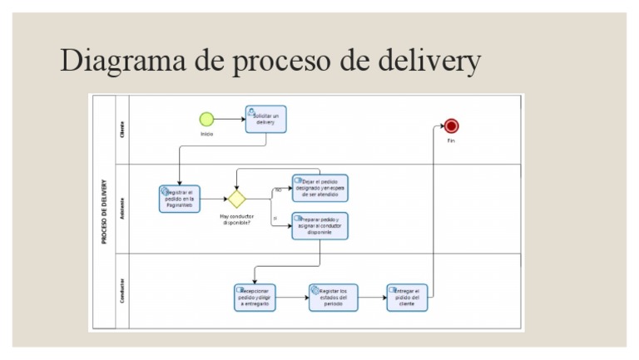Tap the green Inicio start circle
206,120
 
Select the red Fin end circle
451,126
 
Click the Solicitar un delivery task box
265,119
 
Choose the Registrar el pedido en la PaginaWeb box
180,199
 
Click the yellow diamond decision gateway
237,199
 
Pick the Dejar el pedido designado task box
319,188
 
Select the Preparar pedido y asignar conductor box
319,226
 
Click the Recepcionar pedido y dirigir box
255,298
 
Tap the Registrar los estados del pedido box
333,298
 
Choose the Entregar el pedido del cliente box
407,298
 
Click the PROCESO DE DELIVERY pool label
103,212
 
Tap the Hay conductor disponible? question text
236,219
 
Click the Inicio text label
206,134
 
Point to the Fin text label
451,141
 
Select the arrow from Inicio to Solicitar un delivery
229,120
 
